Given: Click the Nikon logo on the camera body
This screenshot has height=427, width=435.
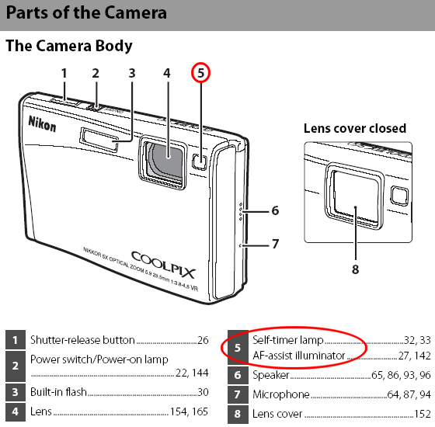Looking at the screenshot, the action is click(x=42, y=124).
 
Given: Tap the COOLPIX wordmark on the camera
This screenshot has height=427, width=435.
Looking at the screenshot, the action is click(x=163, y=265).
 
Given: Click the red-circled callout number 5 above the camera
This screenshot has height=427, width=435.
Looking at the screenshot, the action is click(x=201, y=73).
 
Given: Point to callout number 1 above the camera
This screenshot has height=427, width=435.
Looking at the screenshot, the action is click(x=64, y=73).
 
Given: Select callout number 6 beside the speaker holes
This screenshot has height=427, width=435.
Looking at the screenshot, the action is click(x=275, y=210).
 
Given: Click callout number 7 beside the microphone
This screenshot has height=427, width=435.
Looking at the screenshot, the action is click(x=275, y=244).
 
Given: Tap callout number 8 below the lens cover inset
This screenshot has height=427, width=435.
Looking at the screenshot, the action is click(x=356, y=269).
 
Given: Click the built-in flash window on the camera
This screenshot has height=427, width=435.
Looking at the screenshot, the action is click(x=99, y=140).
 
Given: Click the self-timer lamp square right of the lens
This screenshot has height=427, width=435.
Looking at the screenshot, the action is click(x=199, y=161).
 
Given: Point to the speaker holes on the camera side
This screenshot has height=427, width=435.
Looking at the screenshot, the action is click(x=240, y=212).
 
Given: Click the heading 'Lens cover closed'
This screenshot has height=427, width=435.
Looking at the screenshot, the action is click(x=355, y=129).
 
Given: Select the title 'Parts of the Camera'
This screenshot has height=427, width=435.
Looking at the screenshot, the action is click(x=86, y=12).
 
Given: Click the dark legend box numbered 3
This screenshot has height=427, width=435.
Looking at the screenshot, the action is click(x=16, y=392).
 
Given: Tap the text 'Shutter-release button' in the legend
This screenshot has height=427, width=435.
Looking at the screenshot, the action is click(x=82, y=340).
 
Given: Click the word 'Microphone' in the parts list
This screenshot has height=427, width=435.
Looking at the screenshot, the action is click(x=281, y=394).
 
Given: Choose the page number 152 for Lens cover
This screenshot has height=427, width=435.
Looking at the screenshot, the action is click(x=422, y=414).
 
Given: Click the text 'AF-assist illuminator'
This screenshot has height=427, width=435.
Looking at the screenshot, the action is click(x=299, y=356).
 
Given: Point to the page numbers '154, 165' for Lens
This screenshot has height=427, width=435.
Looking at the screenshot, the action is click(x=189, y=411).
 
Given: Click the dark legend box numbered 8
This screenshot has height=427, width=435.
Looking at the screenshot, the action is click(x=238, y=414).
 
